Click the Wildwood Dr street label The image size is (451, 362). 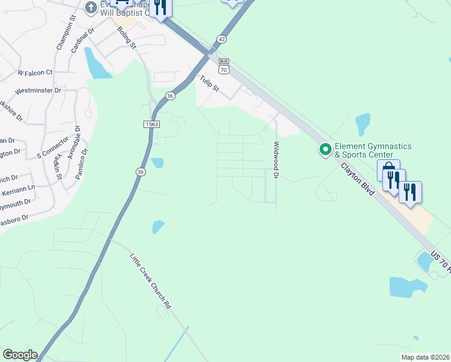[x=277, y=160]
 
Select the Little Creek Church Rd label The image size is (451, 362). [x=151, y=281]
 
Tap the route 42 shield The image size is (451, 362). [x=222, y=39]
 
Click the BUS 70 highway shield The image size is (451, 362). [x=224, y=66]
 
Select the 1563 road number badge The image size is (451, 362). [x=152, y=124]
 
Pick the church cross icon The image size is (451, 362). [x=91, y=7]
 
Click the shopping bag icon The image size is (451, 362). [x=389, y=170]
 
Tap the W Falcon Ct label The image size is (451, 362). [x=36, y=72]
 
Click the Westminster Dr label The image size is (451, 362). [x=38, y=91]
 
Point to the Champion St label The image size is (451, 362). [x=65, y=37]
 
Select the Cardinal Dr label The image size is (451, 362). [x=83, y=40]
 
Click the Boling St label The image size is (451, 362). [x=128, y=37]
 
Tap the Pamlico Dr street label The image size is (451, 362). [x=81, y=164]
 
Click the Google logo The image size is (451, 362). [x=20, y=355]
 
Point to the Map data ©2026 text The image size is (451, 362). [x=425, y=357]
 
